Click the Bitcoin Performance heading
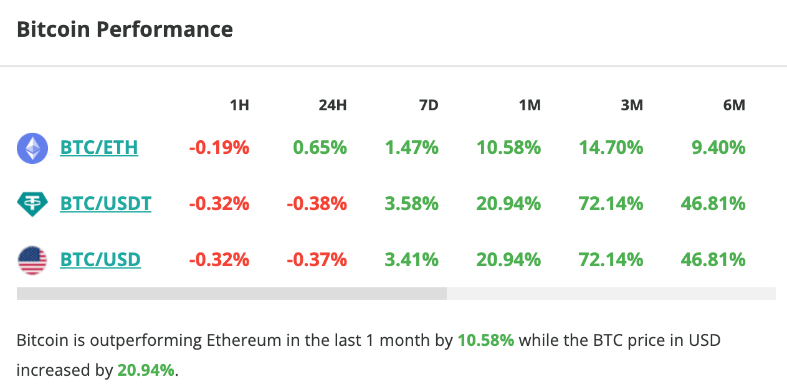coord(125,29)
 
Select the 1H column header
coord(239,105)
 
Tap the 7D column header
coord(428,105)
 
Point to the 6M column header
coord(733,105)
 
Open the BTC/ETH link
coord(99,148)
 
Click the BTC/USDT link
coord(105,204)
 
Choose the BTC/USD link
coord(100,259)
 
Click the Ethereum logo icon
coord(32,148)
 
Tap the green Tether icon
coord(32,204)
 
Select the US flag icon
coord(32,260)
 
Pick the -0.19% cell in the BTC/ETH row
coord(219,148)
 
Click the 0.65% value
coord(319,148)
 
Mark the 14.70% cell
coord(611,148)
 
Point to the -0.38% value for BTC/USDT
coord(317,204)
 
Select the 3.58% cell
coord(411,204)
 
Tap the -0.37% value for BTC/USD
coord(317,259)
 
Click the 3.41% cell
coord(411,259)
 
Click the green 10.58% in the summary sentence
coord(485,341)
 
